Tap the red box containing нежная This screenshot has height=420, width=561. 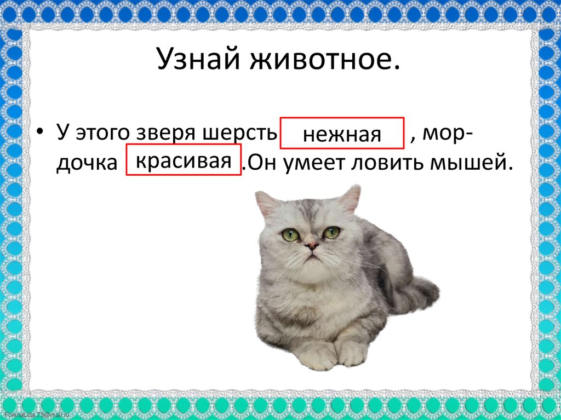342,133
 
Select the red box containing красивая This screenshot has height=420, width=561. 184,160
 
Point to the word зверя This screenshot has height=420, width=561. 173,133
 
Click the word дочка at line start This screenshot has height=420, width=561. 87,163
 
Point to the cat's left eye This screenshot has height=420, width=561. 290,235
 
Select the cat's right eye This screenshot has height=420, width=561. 331,232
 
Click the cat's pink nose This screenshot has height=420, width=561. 311,246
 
